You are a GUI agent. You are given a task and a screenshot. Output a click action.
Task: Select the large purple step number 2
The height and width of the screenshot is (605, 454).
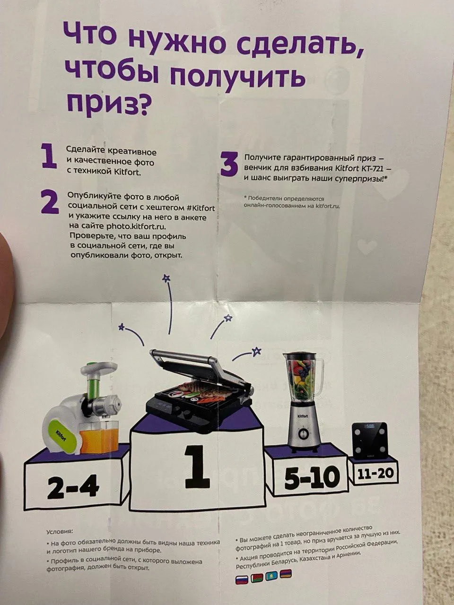(50, 203)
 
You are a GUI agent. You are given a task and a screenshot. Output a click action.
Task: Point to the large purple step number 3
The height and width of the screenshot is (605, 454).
(228, 165)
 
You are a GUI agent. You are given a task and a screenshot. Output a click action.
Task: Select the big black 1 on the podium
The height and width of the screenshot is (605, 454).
(198, 468)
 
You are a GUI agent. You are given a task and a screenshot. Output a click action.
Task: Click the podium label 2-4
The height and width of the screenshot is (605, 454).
(72, 488)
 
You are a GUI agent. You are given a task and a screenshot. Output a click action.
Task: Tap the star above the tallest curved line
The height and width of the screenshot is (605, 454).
(166, 278)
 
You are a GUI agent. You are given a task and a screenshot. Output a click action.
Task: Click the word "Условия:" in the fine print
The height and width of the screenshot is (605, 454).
(60, 531)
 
